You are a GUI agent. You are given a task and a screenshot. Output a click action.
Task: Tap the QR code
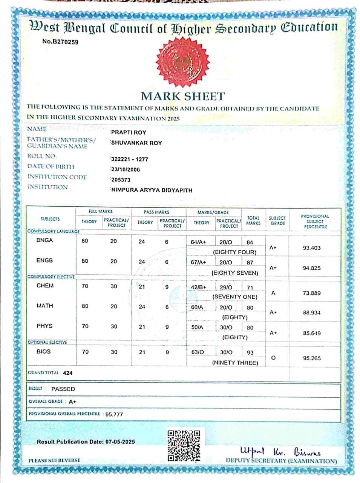pos(184,446)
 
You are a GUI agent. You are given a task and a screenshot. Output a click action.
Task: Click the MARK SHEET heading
pos(183,96)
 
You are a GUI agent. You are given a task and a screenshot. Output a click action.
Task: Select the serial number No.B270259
pos(60,42)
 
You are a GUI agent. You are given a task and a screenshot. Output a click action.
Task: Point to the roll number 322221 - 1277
pos(130,159)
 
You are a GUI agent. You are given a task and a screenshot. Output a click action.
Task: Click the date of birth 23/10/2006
pos(126,169)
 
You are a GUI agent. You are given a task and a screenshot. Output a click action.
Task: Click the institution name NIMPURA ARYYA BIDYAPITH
pos(152,190)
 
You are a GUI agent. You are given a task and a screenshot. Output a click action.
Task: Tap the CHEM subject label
pos(45,286)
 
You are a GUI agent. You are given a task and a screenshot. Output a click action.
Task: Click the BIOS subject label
pos(44,351)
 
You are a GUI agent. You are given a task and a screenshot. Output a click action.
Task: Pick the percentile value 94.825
pos(312,268)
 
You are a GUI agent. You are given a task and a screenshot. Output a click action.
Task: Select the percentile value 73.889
pos(312,293)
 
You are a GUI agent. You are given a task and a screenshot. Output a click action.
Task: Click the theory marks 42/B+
pos(199,287)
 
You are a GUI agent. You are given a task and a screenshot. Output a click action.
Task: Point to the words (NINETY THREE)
pos(235,363)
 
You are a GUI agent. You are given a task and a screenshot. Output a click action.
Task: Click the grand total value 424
pos(68,373)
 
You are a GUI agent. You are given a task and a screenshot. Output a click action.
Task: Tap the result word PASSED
pos(63,389)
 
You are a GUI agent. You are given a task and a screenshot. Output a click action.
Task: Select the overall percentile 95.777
pos(114,414)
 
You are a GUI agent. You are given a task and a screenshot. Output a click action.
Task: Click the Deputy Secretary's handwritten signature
pos(280,451)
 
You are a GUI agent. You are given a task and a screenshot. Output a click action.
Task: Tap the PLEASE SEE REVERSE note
pos(55,460)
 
